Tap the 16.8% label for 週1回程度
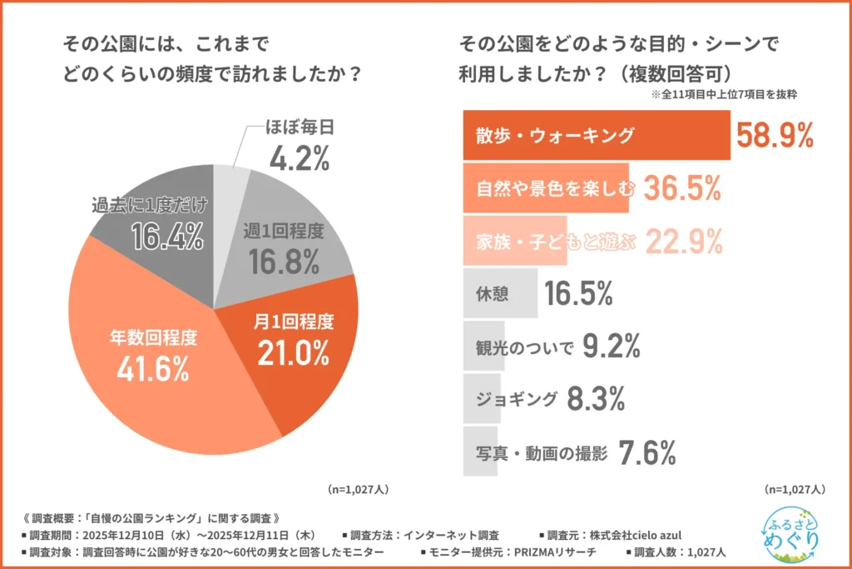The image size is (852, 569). point(285,262)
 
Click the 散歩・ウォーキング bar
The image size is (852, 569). point(596,135)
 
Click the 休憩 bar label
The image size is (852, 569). point(492,294)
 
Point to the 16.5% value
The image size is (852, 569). point(579,294)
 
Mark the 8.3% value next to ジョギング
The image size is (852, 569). point(595,400)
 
